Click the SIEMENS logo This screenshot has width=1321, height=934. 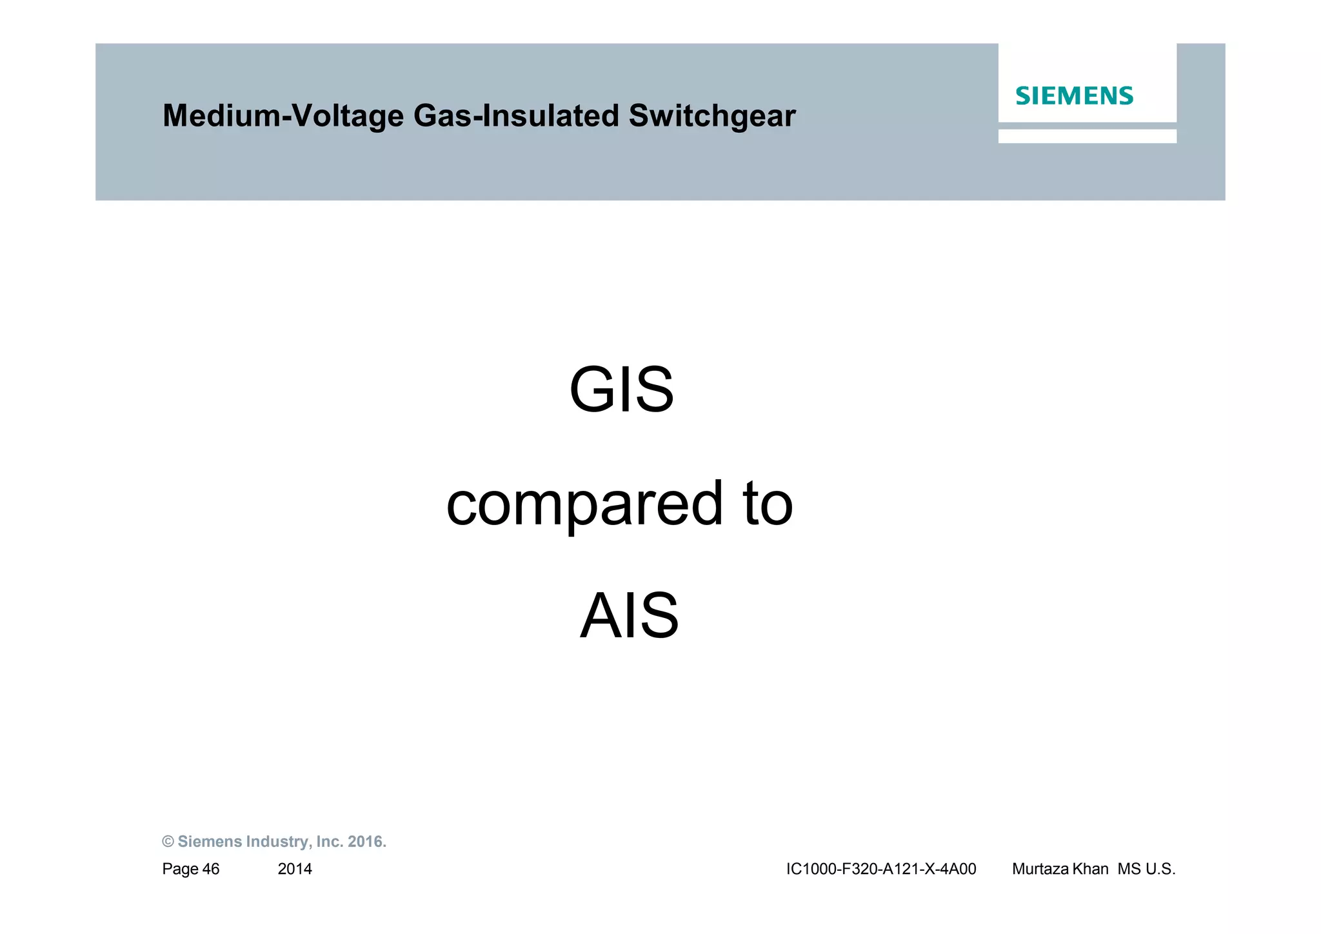1074,96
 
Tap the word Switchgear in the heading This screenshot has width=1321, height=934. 712,117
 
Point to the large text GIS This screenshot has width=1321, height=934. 621,391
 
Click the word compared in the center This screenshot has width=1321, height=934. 584,504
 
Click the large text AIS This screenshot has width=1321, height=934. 629,617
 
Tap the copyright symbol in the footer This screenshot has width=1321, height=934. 168,842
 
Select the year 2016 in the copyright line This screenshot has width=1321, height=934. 366,842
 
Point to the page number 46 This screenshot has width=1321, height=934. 211,869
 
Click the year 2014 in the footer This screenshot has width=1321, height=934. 295,869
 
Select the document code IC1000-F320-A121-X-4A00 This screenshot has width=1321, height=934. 881,869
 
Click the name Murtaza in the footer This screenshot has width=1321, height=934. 1041,869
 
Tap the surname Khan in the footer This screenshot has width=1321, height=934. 1091,869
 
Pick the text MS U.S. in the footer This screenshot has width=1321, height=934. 1146,869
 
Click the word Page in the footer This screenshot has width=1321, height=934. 180,869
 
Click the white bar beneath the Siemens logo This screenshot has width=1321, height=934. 1087,136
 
